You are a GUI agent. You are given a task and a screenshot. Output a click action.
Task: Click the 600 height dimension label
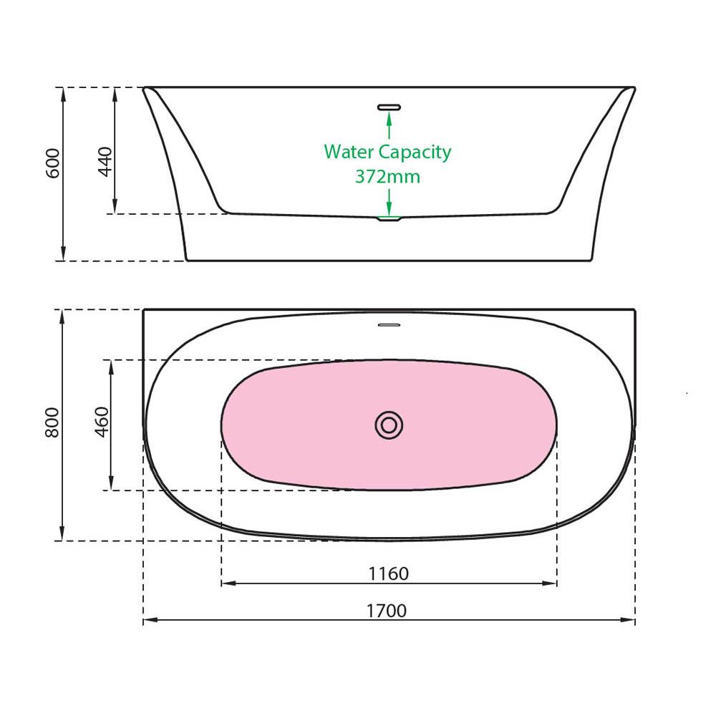[53, 163]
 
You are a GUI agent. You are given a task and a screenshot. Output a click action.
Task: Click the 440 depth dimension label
[105, 162]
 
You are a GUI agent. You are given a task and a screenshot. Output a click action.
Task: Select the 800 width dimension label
[52, 423]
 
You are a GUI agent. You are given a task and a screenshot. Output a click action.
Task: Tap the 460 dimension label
[102, 422]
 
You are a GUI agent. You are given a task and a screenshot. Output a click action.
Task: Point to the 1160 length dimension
[389, 574]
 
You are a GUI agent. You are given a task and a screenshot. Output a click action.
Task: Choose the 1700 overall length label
[387, 611]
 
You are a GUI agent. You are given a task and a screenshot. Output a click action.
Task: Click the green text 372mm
[387, 177]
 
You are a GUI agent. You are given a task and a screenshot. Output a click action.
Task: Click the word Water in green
[349, 152]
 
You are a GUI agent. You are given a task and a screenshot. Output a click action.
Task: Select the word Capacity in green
[415, 153]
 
